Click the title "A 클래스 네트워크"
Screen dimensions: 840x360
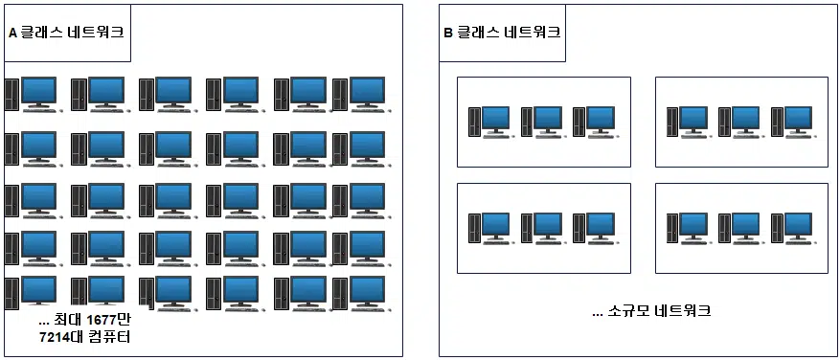click(x=66, y=33)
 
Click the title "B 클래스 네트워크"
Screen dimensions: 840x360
click(x=502, y=33)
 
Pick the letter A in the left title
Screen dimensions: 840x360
click(x=12, y=33)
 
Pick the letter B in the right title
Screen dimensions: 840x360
click(x=447, y=33)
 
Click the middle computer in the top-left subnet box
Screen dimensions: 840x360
click(x=541, y=121)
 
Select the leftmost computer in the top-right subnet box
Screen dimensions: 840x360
click(x=687, y=121)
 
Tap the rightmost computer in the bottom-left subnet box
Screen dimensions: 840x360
click(x=594, y=228)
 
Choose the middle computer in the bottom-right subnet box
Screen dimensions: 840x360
click(x=739, y=228)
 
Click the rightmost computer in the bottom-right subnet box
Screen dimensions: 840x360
click(x=792, y=228)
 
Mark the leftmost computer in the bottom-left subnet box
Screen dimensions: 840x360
click(x=488, y=228)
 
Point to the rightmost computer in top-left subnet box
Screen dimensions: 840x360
click(x=594, y=121)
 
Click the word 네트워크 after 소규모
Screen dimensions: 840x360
click(x=679, y=311)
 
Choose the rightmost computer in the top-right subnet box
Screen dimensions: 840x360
click(x=792, y=121)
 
